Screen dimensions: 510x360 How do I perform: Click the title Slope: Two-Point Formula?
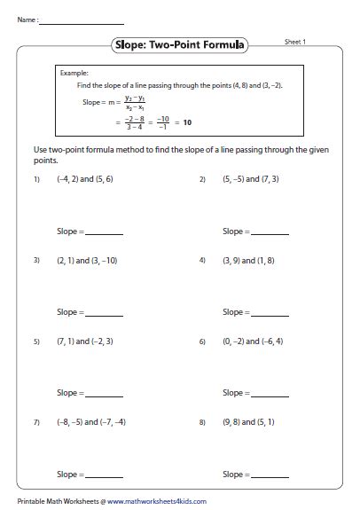[x=180, y=43]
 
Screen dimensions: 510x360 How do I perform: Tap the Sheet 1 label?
[x=296, y=41]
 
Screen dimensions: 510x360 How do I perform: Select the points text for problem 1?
[x=82, y=179]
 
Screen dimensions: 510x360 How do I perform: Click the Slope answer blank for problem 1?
[x=105, y=233]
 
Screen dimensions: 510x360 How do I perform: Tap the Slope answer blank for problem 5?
[x=105, y=395]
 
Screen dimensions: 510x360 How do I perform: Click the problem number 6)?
[x=203, y=341]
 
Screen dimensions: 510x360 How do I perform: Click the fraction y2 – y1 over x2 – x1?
[x=133, y=102]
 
